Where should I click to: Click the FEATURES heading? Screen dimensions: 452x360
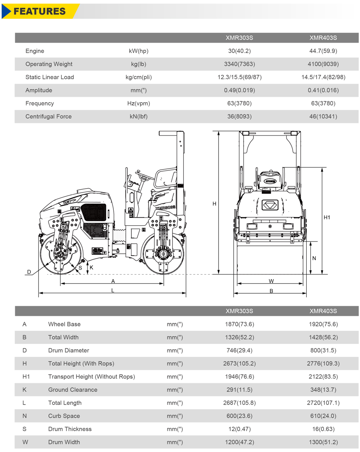pyautogui.click(x=40, y=11)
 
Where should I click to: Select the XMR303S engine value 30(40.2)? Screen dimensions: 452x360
pyautogui.click(x=239, y=51)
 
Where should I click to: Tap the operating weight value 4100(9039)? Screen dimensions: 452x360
pyautogui.click(x=323, y=64)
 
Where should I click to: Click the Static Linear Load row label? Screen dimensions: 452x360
pyautogui.click(x=50, y=77)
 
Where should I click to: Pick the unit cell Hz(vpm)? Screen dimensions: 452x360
pyautogui.click(x=139, y=103)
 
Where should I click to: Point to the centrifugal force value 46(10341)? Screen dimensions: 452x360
pyautogui.click(x=323, y=117)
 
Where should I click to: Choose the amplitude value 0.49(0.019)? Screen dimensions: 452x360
pyautogui.click(x=239, y=90)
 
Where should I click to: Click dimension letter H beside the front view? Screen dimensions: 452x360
pyautogui.click(x=214, y=204)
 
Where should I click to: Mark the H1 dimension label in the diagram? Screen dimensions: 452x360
pyautogui.click(x=327, y=217)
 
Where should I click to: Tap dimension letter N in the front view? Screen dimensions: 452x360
pyautogui.click(x=314, y=258)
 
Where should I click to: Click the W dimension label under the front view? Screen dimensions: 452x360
pyautogui.click(x=271, y=281)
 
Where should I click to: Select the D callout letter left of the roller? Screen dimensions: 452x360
pyautogui.click(x=29, y=272)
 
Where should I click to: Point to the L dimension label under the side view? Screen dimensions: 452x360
pyautogui.click(x=113, y=290)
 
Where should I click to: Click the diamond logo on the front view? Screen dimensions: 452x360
pyautogui.click(x=268, y=205)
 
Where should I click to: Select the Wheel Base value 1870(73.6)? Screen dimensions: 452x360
pyautogui.click(x=239, y=324)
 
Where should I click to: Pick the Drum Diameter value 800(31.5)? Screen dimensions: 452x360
pyautogui.click(x=323, y=351)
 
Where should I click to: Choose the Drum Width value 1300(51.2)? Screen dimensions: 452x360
pyautogui.click(x=323, y=442)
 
